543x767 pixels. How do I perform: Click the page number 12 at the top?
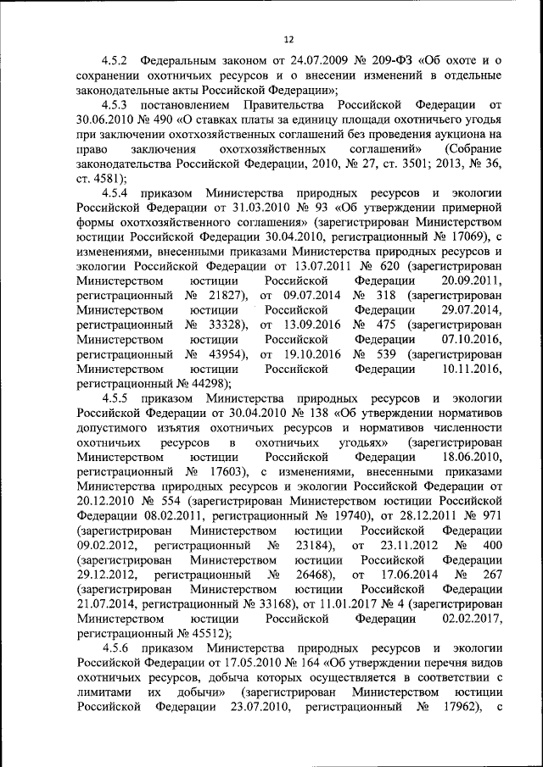(x=288, y=39)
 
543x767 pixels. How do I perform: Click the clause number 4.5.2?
(x=115, y=62)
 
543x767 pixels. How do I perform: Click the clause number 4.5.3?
(x=115, y=106)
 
